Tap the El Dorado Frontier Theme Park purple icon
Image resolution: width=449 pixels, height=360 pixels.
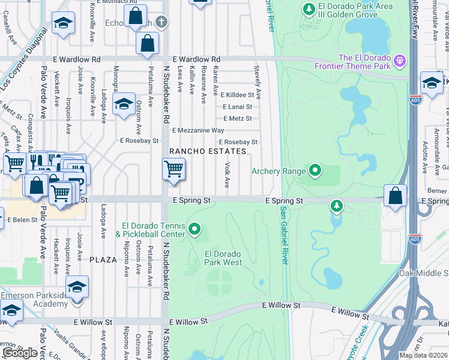pos(401,61)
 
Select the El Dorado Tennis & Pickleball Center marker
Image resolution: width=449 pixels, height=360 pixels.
pos(194,229)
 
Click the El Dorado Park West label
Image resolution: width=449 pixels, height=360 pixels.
pos(223,258)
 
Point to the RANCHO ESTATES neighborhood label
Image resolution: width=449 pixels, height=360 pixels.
pos(208,151)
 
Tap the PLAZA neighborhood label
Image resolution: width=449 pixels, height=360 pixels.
pos(103,259)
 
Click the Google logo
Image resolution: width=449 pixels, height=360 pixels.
pos(20,353)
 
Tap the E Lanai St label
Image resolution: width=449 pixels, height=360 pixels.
pos(237,107)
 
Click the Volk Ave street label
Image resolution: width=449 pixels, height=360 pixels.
pos(228,175)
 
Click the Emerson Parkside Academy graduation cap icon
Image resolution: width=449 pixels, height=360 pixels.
pos(77,287)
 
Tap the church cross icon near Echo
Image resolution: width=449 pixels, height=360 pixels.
pos(160,22)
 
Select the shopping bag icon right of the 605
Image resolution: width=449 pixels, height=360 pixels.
pos(396,196)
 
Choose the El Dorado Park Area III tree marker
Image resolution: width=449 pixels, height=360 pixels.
pos(309,9)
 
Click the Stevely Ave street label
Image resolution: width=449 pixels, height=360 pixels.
pos(258,82)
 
